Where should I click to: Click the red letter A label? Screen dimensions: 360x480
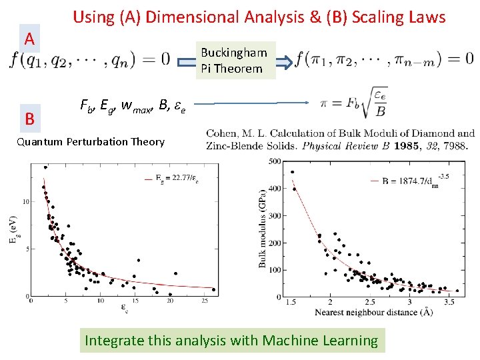[29, 39]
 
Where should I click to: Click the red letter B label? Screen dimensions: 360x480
[29, 119]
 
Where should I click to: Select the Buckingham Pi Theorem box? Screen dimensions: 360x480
[235, 61]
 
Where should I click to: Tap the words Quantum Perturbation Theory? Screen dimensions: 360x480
[91, 141]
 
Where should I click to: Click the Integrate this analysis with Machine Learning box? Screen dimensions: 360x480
[231, 341]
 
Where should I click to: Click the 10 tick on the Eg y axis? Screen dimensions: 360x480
[25, 201]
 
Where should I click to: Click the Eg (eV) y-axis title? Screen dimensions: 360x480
[13, 230]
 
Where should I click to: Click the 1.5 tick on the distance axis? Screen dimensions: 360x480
[291, 302]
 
